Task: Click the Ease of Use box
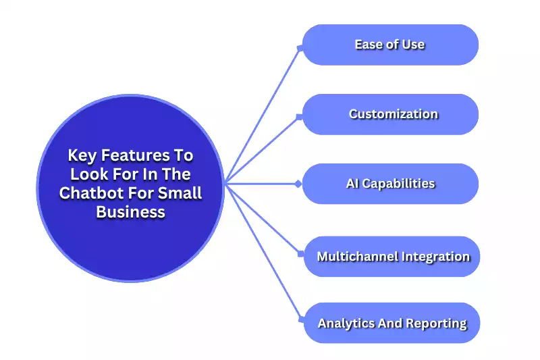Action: tap(390, 45)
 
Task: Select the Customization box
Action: tap(390, 114)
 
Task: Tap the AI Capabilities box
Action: tap(390, 184)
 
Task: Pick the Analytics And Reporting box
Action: tap(391, 323)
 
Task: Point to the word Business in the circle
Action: tap(130, 211)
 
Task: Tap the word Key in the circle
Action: tap(82, 155)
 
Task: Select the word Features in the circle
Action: tap(137, 155)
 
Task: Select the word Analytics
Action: tap(346, 323)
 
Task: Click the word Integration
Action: tap(436, 257)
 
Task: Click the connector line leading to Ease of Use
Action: tap(263, 115)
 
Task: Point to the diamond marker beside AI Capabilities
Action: tap(298, 184)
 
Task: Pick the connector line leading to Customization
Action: tap(263, 149)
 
